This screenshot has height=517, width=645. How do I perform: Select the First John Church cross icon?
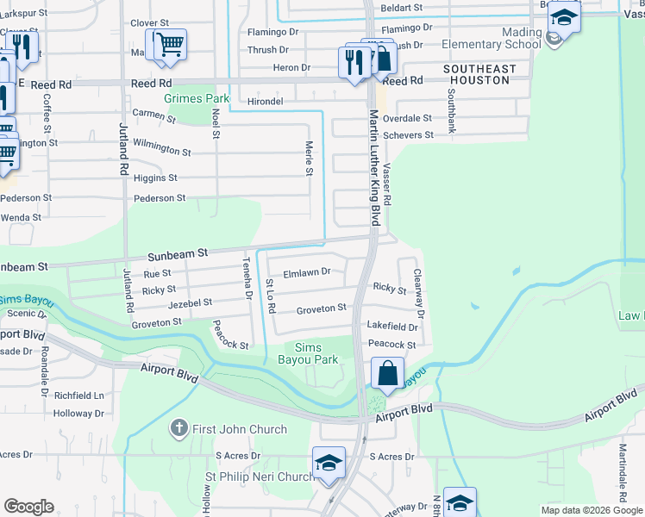[x=178, y=428]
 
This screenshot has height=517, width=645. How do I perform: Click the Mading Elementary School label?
[x=490, y=38]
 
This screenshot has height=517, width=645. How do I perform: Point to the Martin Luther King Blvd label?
[x=375, y=167]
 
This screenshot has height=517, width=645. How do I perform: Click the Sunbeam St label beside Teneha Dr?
[x=178, y=254]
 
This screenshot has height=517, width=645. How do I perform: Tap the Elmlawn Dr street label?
[x=308, y=271]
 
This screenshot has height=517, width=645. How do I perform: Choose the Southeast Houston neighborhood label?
[x=479, y=74]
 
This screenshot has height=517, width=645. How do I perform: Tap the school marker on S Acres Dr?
[x=329, y=464]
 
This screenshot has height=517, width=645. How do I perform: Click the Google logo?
[x=29, y=507]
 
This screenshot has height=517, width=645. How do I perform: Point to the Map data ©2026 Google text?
[x=592, y=510]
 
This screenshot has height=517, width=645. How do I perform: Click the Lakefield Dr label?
[x=391, y=327]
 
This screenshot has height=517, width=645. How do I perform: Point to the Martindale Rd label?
[x=622, y=473]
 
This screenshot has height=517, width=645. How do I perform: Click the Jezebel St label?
[x=190, y=303]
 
